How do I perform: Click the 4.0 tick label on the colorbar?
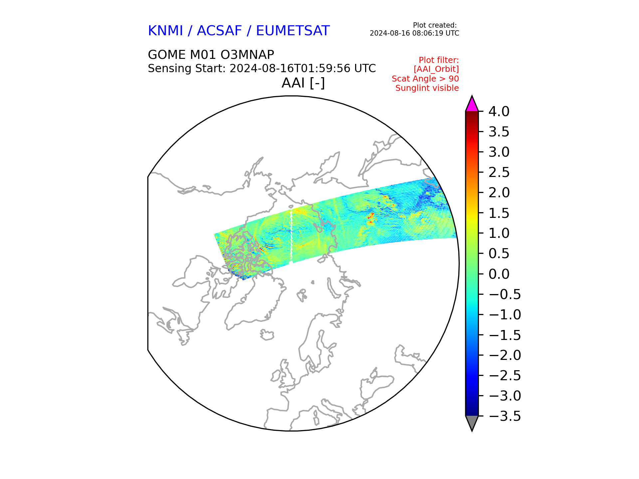(x=499, y=112)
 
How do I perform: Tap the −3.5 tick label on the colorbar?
(x=505, y=416)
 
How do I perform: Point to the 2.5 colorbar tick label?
(x=499, y=173)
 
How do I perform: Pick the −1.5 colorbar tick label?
(x=505, y=335)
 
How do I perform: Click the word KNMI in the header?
(x=165, y=31)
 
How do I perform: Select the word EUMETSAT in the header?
(x=293, y=31)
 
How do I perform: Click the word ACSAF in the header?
(x=220, y=31)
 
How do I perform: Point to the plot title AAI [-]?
(x=303, y=83)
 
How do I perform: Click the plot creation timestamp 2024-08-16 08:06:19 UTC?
(x=414, y=33)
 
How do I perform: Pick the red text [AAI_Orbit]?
(x=436, y=69)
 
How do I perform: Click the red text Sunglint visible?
(x=427, y=88)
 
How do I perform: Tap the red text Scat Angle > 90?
(x=425, y=79)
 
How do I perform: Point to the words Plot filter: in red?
(x=439, y=60)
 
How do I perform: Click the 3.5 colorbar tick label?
(x=499, y=132)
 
